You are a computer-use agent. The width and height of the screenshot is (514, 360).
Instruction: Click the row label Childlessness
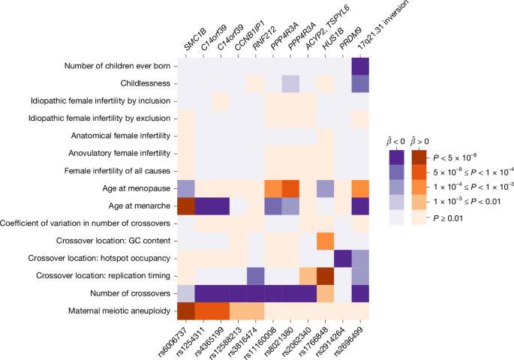click(146, 83)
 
